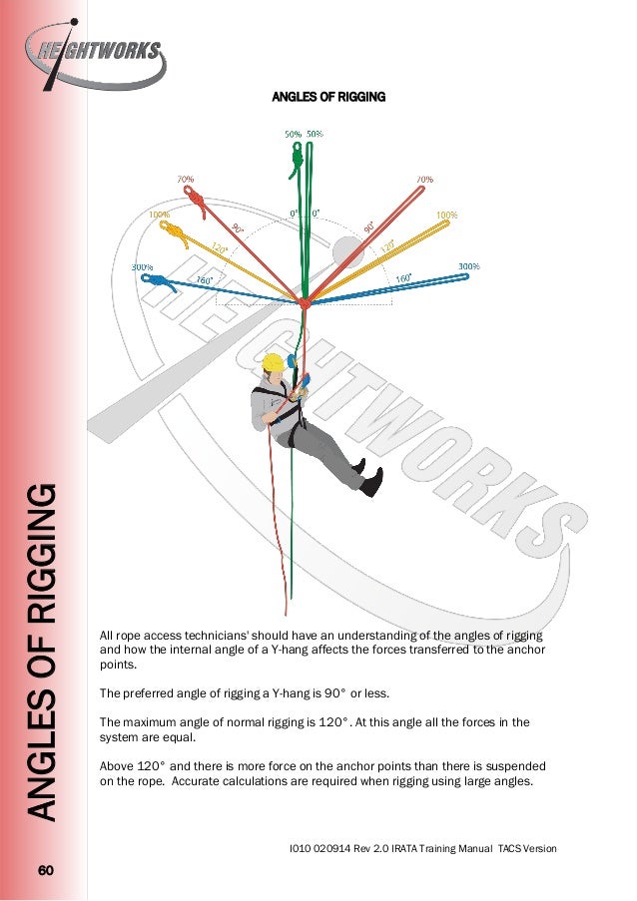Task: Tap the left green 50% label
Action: (x=294, y=134)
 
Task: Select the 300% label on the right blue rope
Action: (x=469, y=266)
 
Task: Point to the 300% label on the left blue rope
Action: (x=143, y=266)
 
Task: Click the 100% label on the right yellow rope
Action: (x=445, y=215)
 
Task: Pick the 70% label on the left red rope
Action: (x=186, y=180)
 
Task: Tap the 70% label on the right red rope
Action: (x=424, y=180)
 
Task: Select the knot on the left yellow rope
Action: (x=175, y=235)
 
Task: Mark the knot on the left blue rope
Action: (x=163, y=285)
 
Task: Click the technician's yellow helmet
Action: (x=271, y=363)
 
